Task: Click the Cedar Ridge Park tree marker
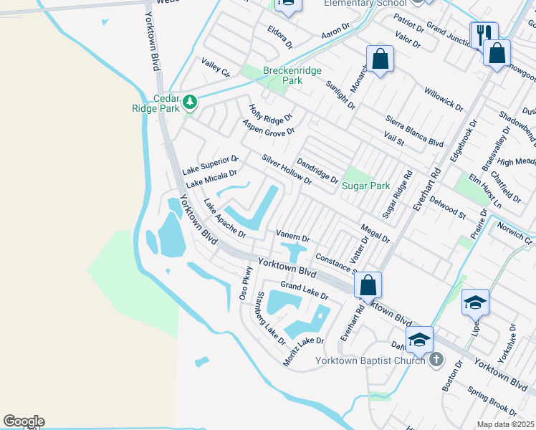coord(190,102)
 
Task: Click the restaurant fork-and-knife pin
coord(482,34)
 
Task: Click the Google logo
coord(24,421)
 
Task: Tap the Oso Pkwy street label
coord(245,284)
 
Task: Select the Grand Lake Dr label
coord(305,291)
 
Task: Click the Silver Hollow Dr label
coord(287,170)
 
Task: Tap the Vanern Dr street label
coord(292,236)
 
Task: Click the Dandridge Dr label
coord(317,171)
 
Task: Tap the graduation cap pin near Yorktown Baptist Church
coord(419,338)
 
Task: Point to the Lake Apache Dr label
coord(224,219)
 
